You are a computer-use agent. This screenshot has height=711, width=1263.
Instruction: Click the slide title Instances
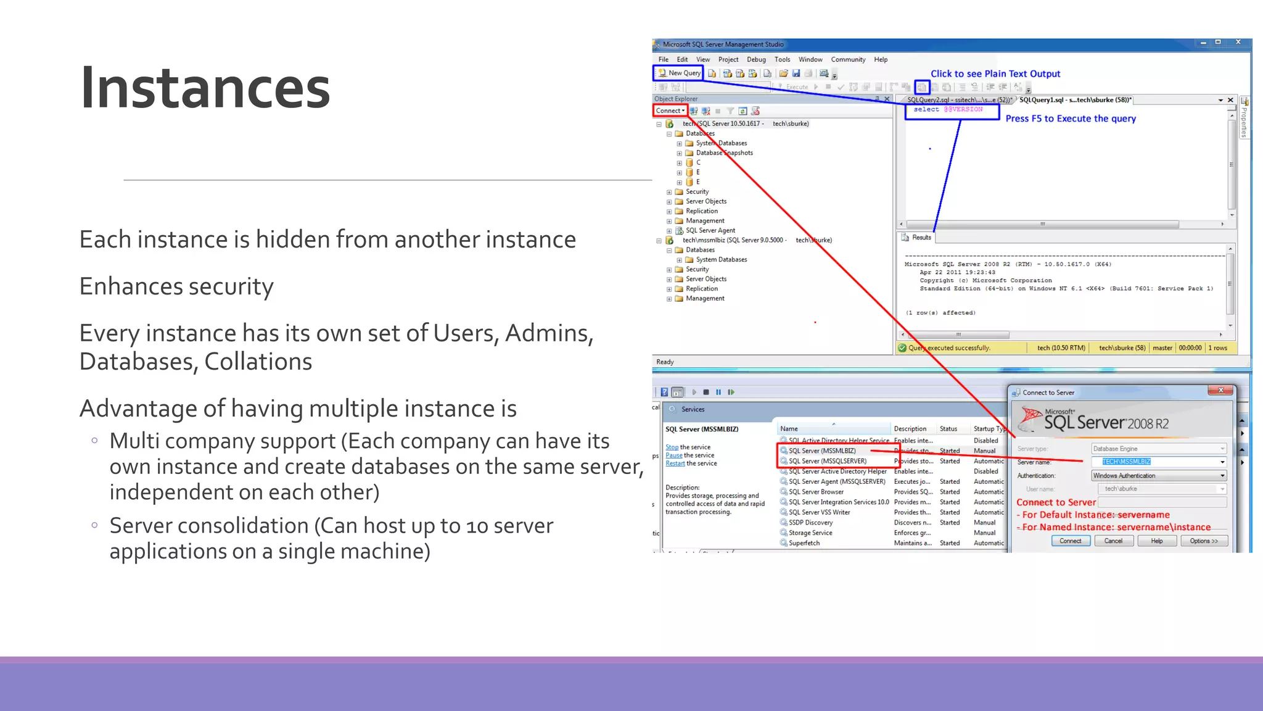[205, 88]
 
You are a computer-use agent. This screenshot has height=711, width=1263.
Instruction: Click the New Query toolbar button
[678, 73]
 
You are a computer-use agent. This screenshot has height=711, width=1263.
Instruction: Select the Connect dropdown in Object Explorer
[670, 111]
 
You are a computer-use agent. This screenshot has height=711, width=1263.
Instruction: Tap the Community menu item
[848, 60]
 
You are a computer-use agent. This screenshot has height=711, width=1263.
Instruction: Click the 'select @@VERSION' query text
[948, 110]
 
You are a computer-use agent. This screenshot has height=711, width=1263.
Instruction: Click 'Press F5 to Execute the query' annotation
[1070, 118]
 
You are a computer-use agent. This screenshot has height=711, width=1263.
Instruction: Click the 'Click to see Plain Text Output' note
[995, 74]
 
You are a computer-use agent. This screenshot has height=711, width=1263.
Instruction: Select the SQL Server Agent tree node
[710, 231]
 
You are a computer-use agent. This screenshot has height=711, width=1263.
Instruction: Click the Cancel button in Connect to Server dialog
[1113, 541]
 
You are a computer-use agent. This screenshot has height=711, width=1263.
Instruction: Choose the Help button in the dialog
[1156, 541]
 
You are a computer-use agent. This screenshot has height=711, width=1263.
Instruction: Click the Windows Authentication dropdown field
[1158, 476]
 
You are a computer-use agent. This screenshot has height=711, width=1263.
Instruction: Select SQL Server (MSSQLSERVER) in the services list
[827, 462]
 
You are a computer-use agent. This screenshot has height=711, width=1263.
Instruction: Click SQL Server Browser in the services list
[816, 493]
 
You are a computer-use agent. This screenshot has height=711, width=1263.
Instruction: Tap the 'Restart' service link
[675, 464]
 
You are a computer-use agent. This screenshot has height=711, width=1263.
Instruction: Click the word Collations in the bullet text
[258, 362]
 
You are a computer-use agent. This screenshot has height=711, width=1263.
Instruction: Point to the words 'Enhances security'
[176, 287]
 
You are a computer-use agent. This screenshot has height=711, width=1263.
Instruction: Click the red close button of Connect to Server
[1220, 390]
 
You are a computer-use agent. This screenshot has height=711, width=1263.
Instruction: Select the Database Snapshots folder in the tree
[724, 153]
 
